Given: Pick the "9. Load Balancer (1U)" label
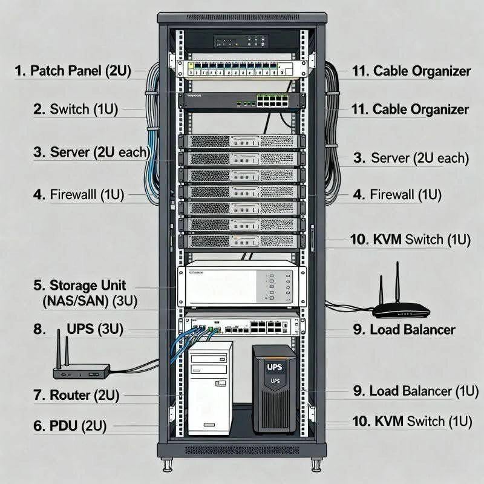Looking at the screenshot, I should tap(411, 391).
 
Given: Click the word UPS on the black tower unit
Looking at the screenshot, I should tap(274, 367).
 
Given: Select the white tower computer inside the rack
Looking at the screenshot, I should tap(209, 387).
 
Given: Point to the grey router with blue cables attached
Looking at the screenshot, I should tap(81, 370).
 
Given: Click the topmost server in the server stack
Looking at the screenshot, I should tap(241, 142).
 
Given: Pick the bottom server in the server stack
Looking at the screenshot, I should tap(241, 241).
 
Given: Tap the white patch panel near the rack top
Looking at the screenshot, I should tap(242, 70).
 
